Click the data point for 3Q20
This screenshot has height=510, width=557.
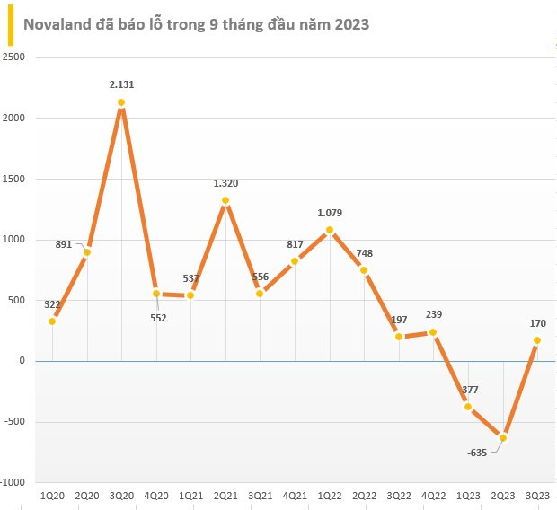point(121,102)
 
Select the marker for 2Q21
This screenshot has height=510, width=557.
point(225,200)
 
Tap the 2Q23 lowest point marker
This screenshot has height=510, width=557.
point(503,437)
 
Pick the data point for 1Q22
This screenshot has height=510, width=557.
point(330,230)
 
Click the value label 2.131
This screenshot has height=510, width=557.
point(121,84)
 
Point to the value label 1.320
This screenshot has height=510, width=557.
point(225,182)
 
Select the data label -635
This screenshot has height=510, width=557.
point(477,452)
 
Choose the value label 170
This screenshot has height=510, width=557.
point(537,323)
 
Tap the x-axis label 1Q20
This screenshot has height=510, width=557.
point(52,497)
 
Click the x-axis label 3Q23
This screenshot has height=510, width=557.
point(538,497)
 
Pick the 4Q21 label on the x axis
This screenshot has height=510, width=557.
point(295,497)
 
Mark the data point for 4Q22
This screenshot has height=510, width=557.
point(434,332)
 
